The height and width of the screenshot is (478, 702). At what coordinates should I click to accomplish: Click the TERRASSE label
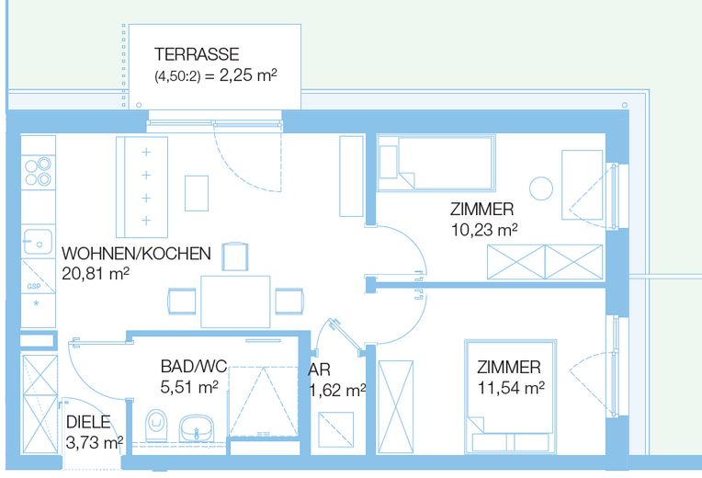[x=197, y=55]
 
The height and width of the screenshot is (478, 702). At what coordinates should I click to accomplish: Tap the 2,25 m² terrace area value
[x=242, y=77]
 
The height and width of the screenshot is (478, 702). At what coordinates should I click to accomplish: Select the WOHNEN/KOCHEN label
[x=136, y=253]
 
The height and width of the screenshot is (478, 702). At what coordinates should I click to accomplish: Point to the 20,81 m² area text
[x=96, y=273]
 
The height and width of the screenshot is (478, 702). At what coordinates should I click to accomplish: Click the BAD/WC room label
[x=187, y=367]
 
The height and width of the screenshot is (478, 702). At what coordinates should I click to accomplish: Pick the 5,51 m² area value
[x=188, y=387]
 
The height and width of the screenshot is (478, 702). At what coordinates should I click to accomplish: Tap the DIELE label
[x=88, y=423]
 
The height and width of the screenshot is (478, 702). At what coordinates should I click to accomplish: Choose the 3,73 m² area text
[x=95, y=442]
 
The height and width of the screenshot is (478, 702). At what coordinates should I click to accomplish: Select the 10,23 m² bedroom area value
[x=483, y=230]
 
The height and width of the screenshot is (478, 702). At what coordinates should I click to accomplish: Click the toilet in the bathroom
[x=156, y=426]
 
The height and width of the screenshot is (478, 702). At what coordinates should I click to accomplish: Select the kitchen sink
[x=39, y=244]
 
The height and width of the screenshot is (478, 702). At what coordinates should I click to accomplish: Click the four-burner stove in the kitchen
[x=38, y=172]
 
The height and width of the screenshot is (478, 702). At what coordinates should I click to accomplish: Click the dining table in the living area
[x=237, y=301]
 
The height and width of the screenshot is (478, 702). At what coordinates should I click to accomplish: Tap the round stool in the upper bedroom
[x=543, y=188]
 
